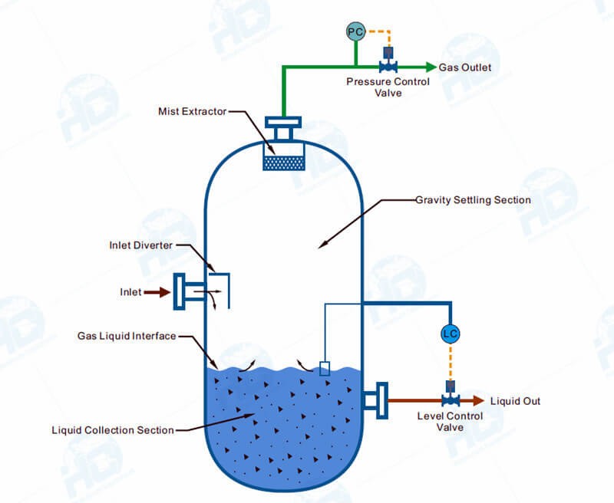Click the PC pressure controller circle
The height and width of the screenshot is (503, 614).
tap(355, 31)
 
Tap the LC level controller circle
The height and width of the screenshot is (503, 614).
tap(451, 334)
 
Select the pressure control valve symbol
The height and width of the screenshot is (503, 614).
tap(388, 65)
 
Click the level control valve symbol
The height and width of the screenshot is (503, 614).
tap(451, 399)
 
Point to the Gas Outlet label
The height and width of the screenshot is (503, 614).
tap(465, 67)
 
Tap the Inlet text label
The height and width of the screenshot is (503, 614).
tap(130, 292)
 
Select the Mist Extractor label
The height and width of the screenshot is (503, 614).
tap(193, 111)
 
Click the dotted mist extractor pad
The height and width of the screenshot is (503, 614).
tap(283, 163)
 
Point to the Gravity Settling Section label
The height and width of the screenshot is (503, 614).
tap(473, 200)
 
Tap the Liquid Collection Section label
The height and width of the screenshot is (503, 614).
tap(113, 429)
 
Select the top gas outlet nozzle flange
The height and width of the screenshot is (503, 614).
tap(283, 122)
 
